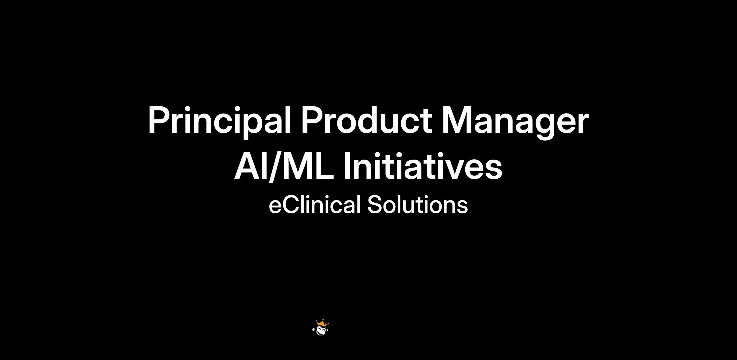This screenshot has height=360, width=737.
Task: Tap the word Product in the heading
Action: pos(367,120)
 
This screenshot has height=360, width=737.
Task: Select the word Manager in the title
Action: pos(515,122)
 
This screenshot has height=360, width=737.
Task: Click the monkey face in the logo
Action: pos(322,331)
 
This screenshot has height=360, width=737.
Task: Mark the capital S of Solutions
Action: pos(375,204)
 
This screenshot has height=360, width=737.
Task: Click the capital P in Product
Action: pos(312,120)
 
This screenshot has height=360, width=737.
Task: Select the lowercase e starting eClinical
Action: pos(275,207)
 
